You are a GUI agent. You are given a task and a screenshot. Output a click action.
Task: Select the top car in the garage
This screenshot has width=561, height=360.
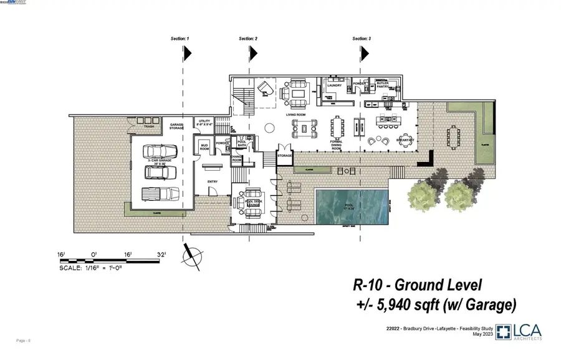tap(155, 151)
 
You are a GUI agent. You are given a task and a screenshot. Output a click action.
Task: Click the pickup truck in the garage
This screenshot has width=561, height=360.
tap(155, 194)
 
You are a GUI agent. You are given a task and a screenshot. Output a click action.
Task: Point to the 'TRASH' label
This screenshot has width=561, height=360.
tap(148, 127)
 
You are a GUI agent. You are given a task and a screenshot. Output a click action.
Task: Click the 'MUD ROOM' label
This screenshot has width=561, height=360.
tap(204, 147)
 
